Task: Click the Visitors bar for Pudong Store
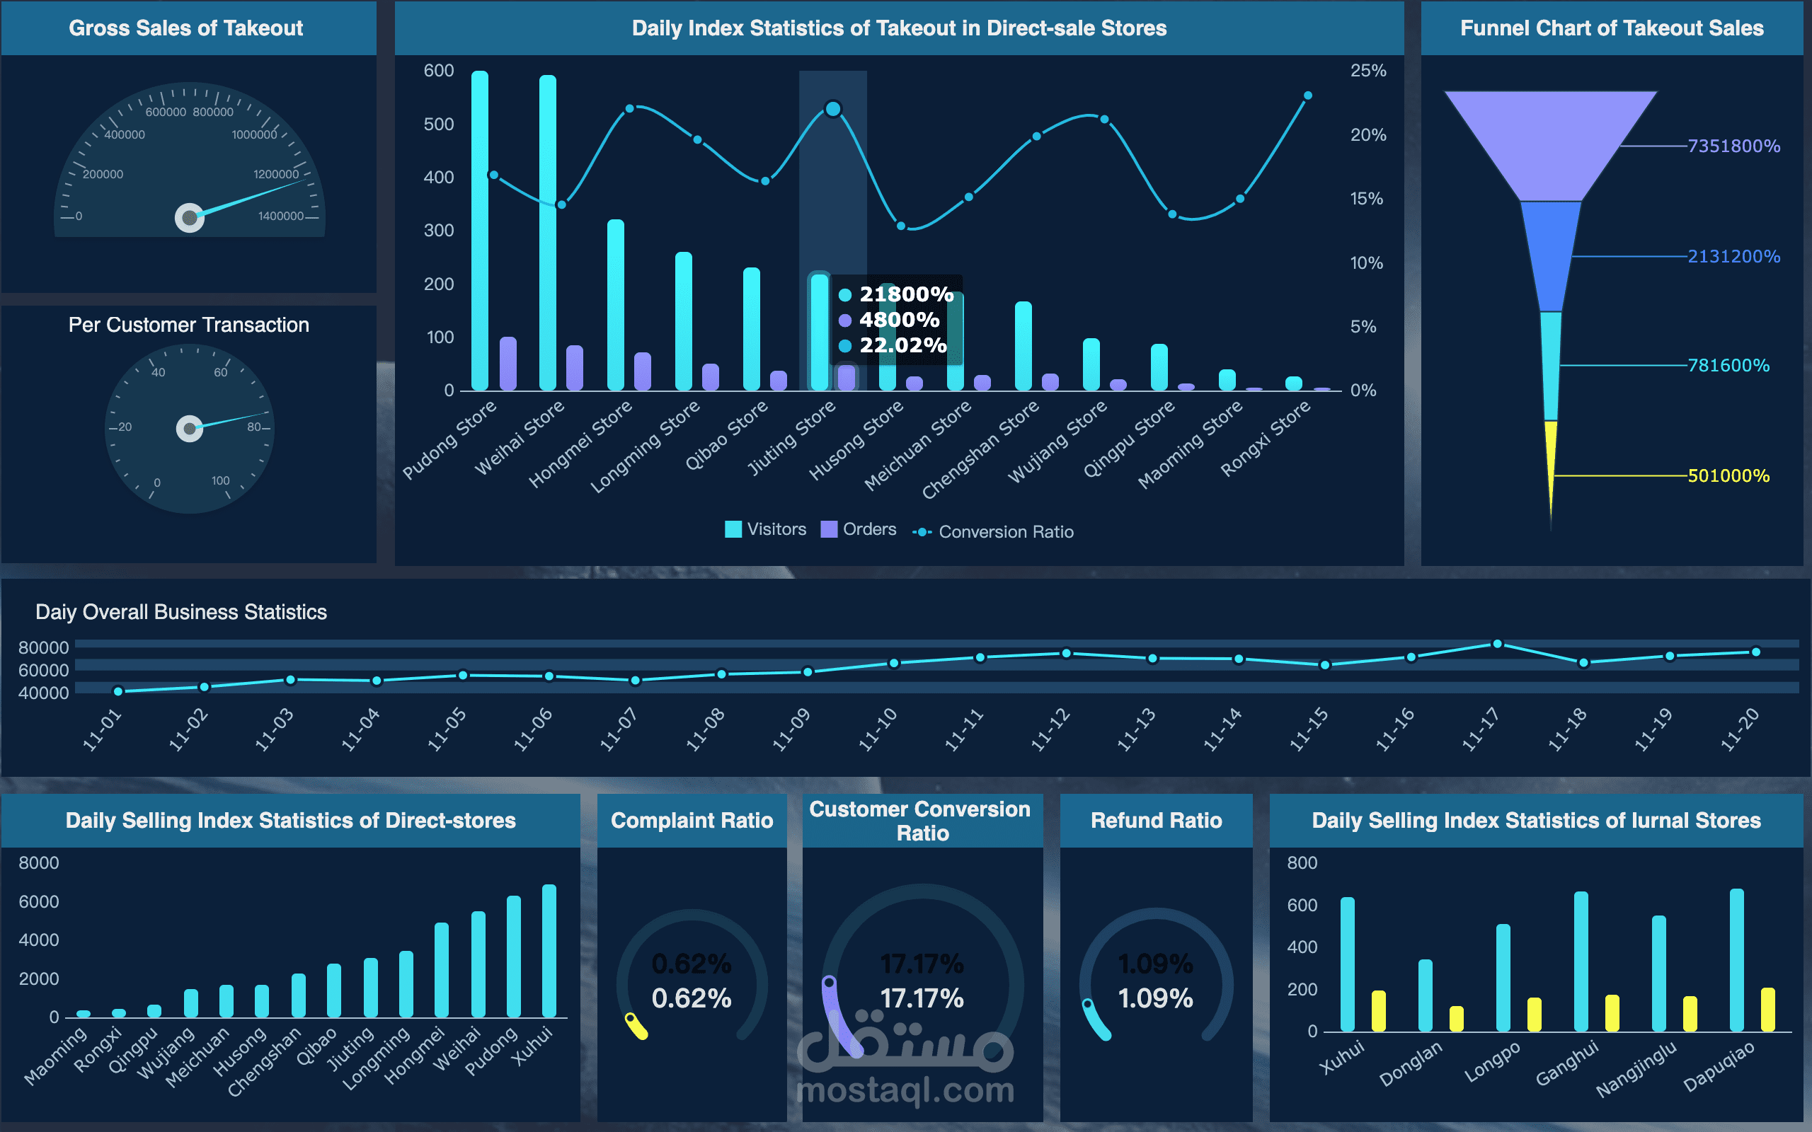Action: pos(479,232)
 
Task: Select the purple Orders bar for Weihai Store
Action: pos(574,368)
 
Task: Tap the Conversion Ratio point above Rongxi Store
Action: pos(1308,96)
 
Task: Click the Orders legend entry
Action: pos(859,529)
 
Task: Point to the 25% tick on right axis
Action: pos(1368,70)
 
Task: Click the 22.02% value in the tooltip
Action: pos(902,345)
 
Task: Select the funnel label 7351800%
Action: pos(1733,146)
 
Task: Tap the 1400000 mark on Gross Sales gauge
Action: pos(281,216)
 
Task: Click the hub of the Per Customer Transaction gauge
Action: pos(190,429)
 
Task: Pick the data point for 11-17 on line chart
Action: pos(1497,644)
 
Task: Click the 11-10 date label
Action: pos(878,729)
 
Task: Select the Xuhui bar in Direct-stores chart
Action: pos(549,951)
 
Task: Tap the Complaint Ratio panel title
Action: pos(692,821)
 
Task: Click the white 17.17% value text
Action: pos(922,999)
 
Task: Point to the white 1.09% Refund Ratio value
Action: pos(1155,999)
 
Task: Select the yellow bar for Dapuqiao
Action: pos(1768,1010)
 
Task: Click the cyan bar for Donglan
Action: pos(1425,995)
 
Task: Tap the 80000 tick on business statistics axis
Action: pos(43,647)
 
